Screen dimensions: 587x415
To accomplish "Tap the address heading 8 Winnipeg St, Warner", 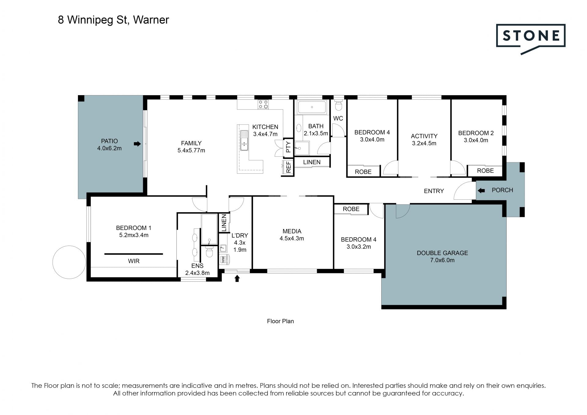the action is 113,20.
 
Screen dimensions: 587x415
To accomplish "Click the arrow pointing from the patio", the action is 137,144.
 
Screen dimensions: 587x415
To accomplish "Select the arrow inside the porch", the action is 481,191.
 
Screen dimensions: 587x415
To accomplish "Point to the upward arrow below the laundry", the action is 237,278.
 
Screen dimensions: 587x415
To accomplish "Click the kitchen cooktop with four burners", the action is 263,104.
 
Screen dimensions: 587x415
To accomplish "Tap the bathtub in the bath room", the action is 312,107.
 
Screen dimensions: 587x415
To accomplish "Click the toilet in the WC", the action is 338,105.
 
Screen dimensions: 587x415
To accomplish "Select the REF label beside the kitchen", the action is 288,167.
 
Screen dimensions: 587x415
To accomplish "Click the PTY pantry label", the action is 288,147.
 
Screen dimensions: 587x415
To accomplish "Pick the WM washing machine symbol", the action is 223,259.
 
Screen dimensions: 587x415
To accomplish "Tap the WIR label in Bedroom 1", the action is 134,261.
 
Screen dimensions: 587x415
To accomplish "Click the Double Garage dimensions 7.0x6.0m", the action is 442,260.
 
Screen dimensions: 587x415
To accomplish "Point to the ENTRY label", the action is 434,191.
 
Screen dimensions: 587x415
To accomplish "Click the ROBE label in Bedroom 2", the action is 485,171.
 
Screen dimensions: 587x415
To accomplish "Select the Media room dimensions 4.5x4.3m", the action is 292,239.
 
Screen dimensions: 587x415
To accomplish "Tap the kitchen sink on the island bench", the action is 244,141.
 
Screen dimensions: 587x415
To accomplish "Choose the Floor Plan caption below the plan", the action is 280,321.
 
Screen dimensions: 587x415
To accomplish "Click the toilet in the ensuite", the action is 209,252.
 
